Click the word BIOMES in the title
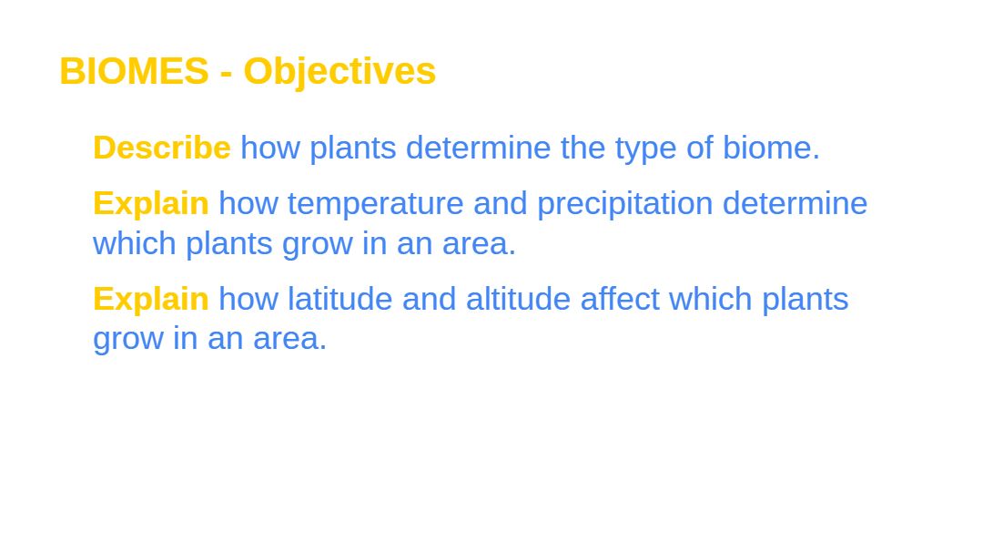pyautogui.click(x=134, y=71)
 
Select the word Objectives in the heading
pyautogui.click(x=339, y=72)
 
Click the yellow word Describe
pyautogui.click(x=162, y=148)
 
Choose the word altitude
pyautogui.click(x=518, y=299)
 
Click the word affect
pyautogui.click(x=620, y=299)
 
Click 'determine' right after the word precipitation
pyautogui.click(x=795, y=203)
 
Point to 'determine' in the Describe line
pyautogui.click(x=479, y=148)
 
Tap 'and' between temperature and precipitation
pyautogui.click(x=501, y=203)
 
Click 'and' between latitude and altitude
pyautogui.click(x=429, y=299)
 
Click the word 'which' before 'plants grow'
pyautogui.click(x=134, y=243)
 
